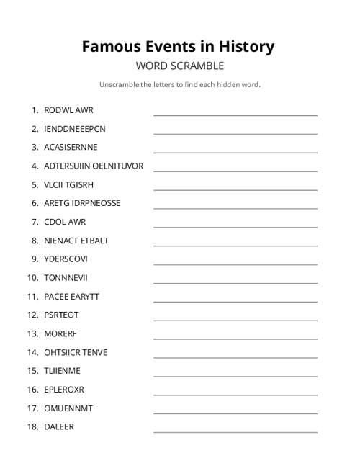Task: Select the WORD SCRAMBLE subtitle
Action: click(x=180, y=66)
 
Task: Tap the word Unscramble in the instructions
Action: click(x=119, y=85)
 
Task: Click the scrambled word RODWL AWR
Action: click(x=68, y=110)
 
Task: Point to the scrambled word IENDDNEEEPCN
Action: click(x=74, y=129)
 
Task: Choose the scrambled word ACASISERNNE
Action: click(x=71, y=148)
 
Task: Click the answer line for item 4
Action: click(x=235, y=170)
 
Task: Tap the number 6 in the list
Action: click(x=35, y=203)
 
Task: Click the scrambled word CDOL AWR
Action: click(x=65, y=222)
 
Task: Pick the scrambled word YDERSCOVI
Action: click(x=66, y=259)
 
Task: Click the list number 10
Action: click(x=32, y=277)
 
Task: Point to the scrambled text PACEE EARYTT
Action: click(x=71, y=296)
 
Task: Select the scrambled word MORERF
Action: click(x=60, y=333)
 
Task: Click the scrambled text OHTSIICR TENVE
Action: click(x=76, y=352)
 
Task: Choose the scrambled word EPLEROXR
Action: click(x=64, y=390)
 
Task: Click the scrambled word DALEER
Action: click(x=59, y=426)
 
